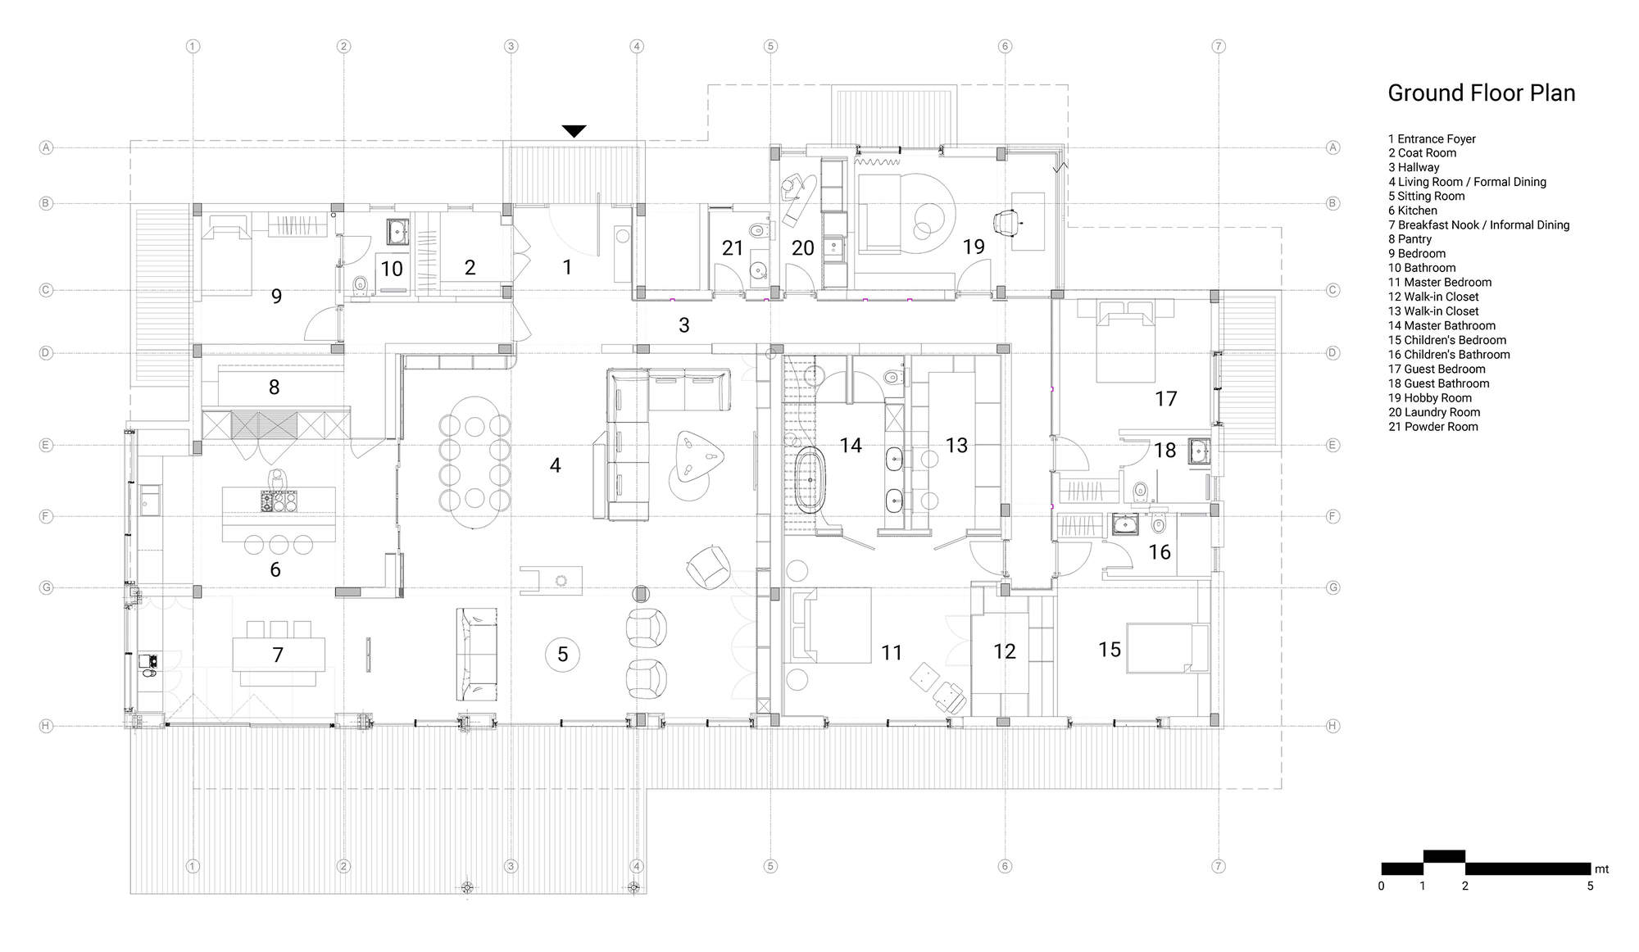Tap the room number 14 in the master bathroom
[851, 445]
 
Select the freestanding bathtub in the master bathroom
[808, 480]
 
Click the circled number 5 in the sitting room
[563, 654]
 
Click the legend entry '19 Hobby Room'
[1430, 398]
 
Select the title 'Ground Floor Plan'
[1482, 93]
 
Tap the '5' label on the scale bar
[1590, 886]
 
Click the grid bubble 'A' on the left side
[47, 147]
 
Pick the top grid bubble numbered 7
[1219, 47]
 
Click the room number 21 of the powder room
[733, 247]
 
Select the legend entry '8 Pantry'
[1410, 239]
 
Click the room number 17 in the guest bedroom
[1165, 398]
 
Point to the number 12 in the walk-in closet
[1004, 651]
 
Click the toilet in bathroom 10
[359, 284]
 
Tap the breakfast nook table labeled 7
[279, 655]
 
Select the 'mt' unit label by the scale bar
[1602, 869]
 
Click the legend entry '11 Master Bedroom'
[1440, 283]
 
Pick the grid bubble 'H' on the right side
[1333, 726]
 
